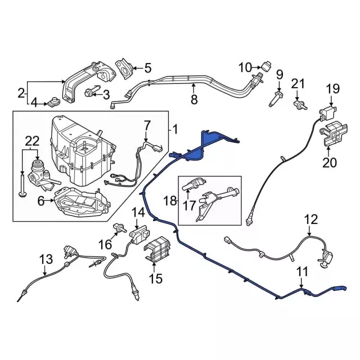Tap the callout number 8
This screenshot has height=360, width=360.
(194, 100)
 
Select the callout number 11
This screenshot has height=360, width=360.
(303, 273)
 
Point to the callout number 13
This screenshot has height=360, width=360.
(46, 259)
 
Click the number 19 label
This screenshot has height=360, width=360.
(334, 88)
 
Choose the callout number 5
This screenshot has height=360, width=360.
(147, 69)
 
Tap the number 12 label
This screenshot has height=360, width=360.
(311, 219)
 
